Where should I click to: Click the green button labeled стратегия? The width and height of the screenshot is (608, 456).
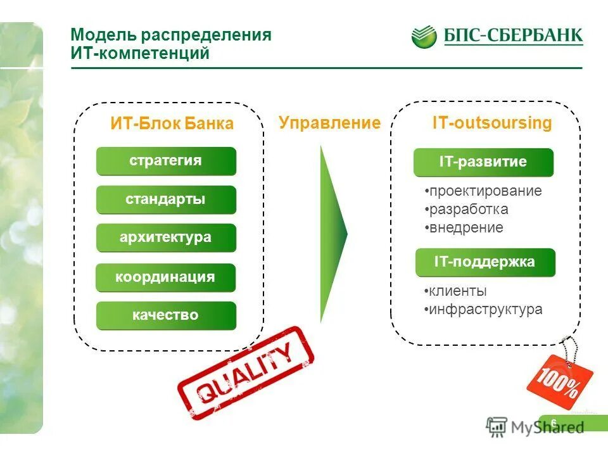coord(166,161)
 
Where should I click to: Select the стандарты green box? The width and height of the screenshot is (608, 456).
coord(166,199)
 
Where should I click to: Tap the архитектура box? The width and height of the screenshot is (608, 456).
coord(166,238)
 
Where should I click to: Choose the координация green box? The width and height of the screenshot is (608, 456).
coord(165,277)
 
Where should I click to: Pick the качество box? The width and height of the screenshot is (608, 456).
coord(166,315)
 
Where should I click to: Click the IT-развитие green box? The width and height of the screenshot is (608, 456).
coord(483,162)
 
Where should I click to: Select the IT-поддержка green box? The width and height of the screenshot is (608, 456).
coord(485,262)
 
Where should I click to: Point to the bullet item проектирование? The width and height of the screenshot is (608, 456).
coord(485,191)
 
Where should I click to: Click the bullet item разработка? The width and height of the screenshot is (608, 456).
coord(468,210)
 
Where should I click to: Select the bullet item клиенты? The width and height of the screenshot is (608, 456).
coord(457,291)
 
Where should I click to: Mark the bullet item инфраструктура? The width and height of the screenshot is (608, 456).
coord(484,310)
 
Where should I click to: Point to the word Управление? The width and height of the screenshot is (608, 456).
coord(329,123)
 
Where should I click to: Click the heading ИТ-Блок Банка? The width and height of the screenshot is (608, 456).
coord(172,123)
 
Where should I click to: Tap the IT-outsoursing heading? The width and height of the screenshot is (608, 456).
coord(491,123)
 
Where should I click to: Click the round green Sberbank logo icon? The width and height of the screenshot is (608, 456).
coord(424,37)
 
